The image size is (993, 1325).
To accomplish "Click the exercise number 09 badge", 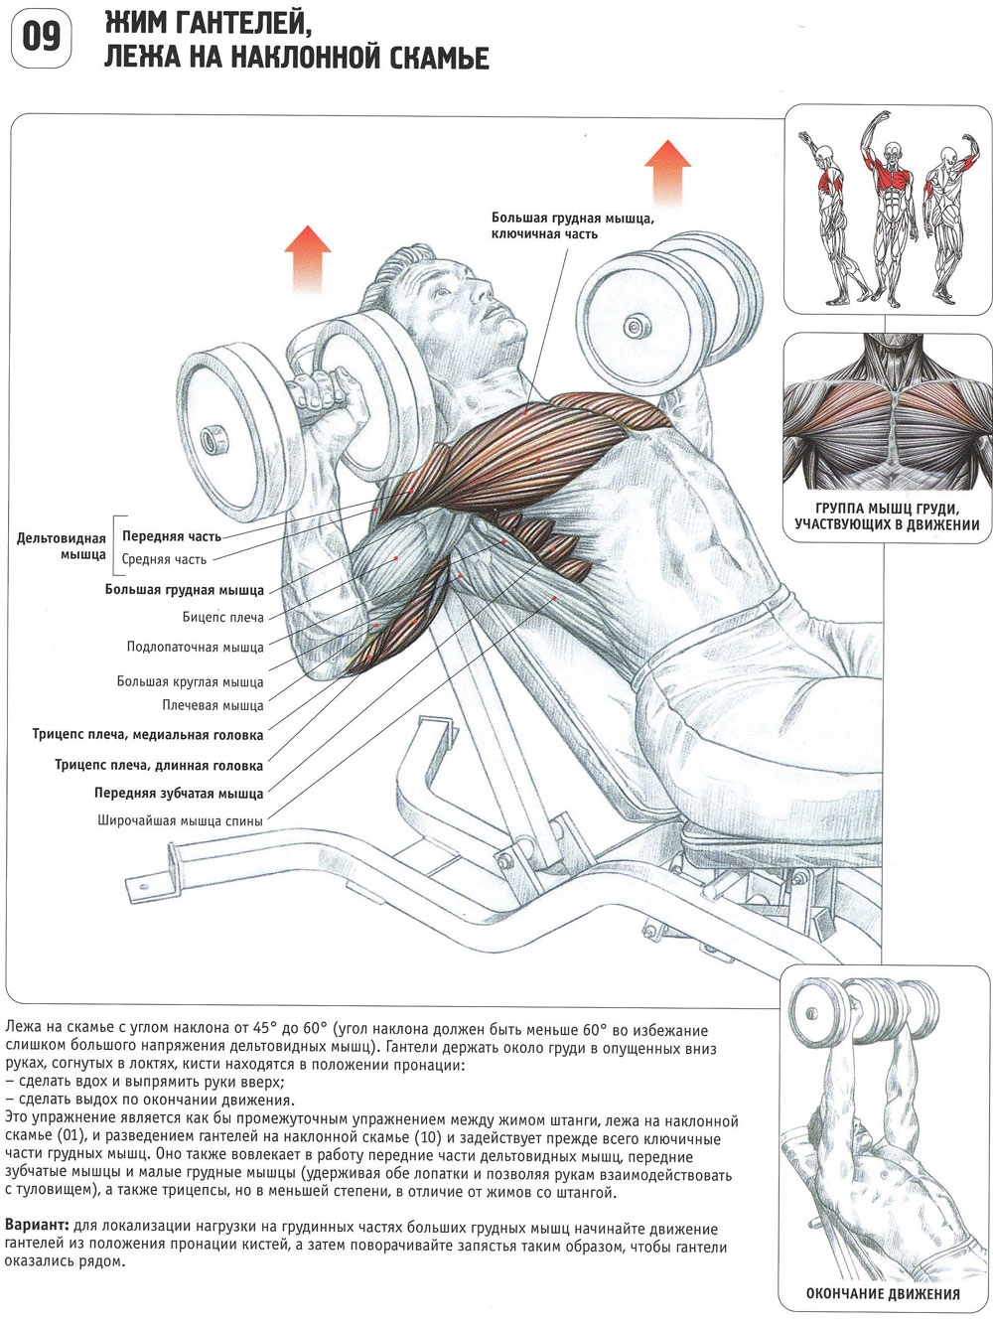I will pyautogui.click(x=41, y=39).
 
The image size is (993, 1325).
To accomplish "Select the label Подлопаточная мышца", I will pyautogui.click(x=195, y=648).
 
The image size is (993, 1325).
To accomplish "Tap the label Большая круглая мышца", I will pyautogui.click(x=190, y=682).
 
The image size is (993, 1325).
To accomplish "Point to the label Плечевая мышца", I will pyautogui.click(x=213, y=706).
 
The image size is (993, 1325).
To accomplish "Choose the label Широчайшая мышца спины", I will pyautogui.click(x=180, y=821).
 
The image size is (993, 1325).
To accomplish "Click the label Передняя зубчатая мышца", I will pyautogui.click(x=179, y=794).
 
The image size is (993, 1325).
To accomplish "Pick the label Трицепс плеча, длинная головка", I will pyautogui.click(x=159, y=766).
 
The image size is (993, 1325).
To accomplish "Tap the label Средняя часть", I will pyautogui.click(x=164, y=559).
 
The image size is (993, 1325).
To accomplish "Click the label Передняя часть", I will pyautogui.click(x=172, y=536).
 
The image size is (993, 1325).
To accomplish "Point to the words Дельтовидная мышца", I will pyautogui.click(x=62, y=546).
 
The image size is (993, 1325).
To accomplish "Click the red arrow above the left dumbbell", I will pyautogui.click(x=309, y=258).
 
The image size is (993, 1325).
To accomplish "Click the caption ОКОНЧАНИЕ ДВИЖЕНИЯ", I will pyautogui.click(x=883, y=1294).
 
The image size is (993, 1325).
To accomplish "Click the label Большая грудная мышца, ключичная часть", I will pyautogui.click(x=572, y=225).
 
